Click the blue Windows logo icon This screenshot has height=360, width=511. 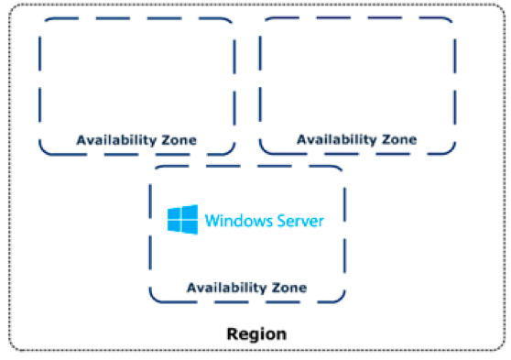tap(182, 219)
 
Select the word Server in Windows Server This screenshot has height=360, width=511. tap(297, 220)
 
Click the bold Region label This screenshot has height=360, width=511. tap(256, 333)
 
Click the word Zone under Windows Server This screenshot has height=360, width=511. tap(287, 288)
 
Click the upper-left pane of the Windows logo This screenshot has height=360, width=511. tap(175, 213)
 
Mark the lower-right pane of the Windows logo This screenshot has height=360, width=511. tap(190, 226)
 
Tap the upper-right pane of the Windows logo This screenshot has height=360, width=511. tap(190, 212)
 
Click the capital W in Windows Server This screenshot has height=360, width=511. tap(211, 220)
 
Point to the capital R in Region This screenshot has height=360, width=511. tap(232, 333)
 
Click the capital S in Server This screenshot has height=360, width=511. tap(275, 220)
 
